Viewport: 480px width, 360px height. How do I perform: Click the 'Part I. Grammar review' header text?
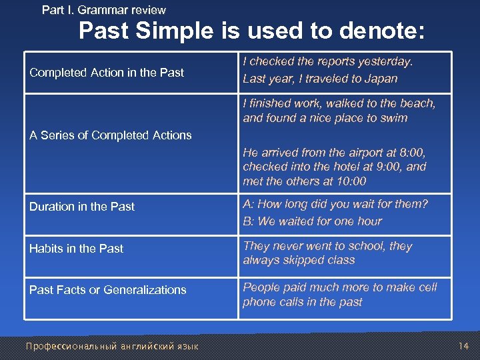(x=103, y=10)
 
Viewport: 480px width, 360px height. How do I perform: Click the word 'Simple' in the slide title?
(x=198, y=32)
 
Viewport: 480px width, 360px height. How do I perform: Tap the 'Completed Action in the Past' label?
(x=107, y=72)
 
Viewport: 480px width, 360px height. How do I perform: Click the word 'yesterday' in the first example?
(x=385, y=61)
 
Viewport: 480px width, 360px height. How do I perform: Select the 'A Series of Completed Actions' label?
(x=110, y=135)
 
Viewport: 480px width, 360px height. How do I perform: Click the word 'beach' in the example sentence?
(x=417, y=103)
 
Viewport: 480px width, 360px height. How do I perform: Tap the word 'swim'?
(x=393, y=118)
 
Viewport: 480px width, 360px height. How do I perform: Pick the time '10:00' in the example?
(x=351, y=181)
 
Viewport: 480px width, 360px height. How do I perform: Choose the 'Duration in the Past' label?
(x=82, y=207)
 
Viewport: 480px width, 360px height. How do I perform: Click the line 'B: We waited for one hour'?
(x=312, y=221)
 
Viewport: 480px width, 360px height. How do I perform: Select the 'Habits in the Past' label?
(x=76, y=249)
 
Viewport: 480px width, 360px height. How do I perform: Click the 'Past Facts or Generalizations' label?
(x=107, y=290)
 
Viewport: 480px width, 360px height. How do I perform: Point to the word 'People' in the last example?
(x=261, y=287)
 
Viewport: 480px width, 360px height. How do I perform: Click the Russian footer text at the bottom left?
(x=111, y=346)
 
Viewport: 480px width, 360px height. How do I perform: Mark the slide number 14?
(x=463, y=346)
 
